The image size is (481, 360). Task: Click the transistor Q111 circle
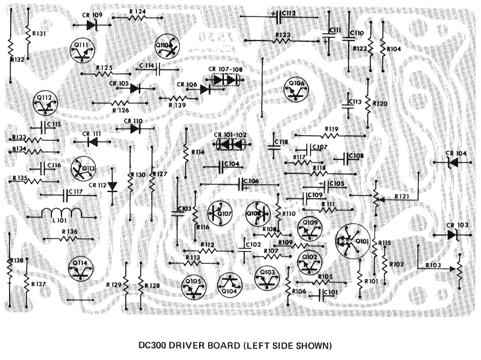coord(82,50)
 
